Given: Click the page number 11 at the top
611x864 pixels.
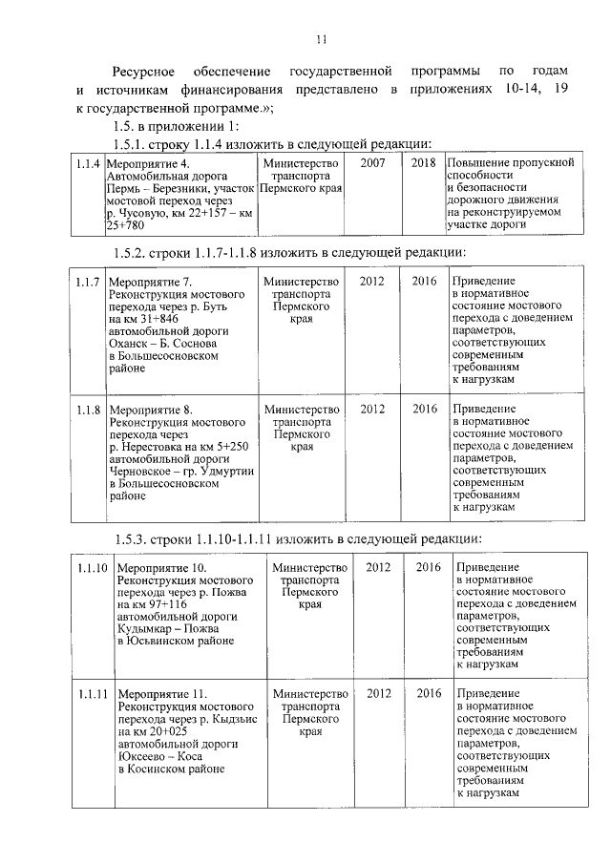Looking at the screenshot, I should point(321,38).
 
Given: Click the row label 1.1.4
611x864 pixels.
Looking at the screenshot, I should point(88,163).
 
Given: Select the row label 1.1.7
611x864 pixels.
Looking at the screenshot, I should point(88,282).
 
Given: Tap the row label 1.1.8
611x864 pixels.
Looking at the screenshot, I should point(88,410).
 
